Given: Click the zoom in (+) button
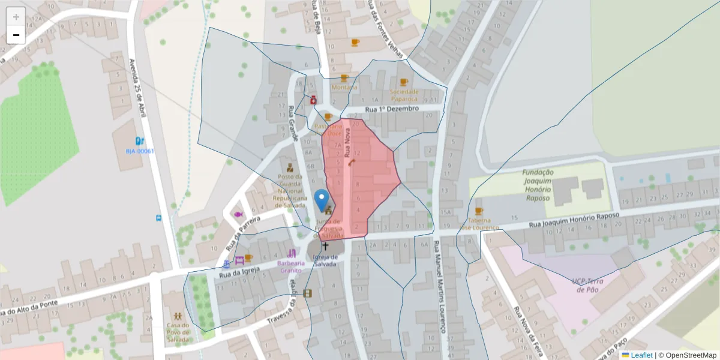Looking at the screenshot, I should pos(16,17).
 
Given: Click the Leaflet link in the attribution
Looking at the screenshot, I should pos(641,355).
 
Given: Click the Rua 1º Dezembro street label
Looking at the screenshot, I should pos(392,109).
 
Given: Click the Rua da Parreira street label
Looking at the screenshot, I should pos(242,233).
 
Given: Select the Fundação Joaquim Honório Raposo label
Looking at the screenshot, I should pos(538,185).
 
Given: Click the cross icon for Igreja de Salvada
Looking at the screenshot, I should pos(326,245).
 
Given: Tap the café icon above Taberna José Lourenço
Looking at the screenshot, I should pos(478,211).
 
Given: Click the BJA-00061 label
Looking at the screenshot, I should pos(140,151).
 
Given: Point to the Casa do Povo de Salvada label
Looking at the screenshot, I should pos(178,332).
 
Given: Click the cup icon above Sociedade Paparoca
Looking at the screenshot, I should pos(403,82).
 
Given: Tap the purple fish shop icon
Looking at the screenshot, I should pos(238,214).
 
